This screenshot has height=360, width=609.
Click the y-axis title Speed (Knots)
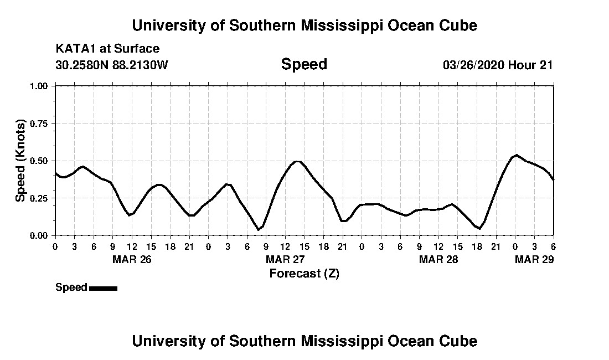tap(20, 161)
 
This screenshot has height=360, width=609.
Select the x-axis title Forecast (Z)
tap(304, 273)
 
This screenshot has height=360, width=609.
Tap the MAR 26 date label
tap(132, 259)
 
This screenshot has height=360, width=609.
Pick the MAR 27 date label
tap(285, 259)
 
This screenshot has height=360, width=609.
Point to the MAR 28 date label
tap(438, 259)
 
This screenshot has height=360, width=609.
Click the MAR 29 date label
tap(534, 259)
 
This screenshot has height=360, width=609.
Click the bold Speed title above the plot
tap(304, 64)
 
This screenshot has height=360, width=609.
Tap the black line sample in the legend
tap(103, 288)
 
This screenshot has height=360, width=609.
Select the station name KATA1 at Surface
tap(107, 49)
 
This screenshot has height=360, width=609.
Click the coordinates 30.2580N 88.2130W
tap(111, 65)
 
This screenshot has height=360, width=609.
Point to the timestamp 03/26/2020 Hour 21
tap(498, 65)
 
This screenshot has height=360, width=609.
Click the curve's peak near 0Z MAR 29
tap(516, 155)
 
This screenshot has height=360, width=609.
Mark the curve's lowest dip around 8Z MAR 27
tap(259, 229)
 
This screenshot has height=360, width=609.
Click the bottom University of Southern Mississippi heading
tap(304, 341)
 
